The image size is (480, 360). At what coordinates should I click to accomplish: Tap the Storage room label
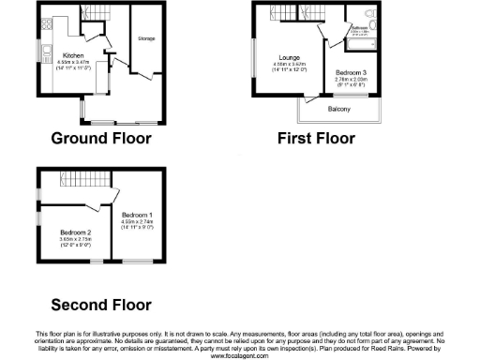pos(145,38)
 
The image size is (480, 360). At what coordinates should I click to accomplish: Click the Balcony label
pos(339,110)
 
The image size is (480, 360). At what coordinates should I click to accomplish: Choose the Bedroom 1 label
pos(136,215)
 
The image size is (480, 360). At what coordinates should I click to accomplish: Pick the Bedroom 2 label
pos(75,232)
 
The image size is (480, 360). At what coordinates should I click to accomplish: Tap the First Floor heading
pos(316,138)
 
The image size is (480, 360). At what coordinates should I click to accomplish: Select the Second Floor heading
pos(100,305)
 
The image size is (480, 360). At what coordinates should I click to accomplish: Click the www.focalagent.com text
pos(239,356)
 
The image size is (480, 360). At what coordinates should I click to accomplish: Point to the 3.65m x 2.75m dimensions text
pos(75,238)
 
